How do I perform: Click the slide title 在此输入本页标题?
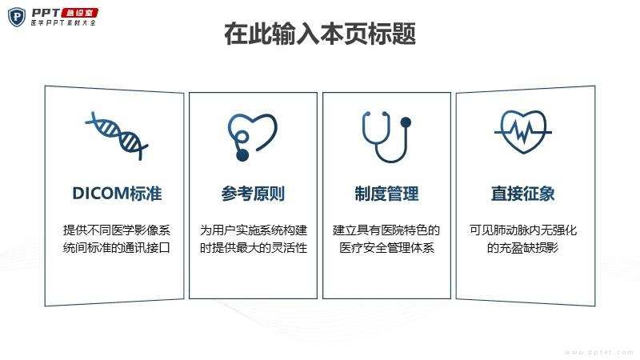[x=320, y=34]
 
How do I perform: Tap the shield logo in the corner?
[x=17, y=17]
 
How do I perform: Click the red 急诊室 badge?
[x=79, y=13]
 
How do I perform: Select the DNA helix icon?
[x=116, y=135]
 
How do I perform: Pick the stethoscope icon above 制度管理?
[x=386, y=137]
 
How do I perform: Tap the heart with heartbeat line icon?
[x=523, y=132]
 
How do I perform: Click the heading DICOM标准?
[x=117, y=194]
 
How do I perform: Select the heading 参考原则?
[x=253, y=194]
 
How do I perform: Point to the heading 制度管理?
[x=386, y=194]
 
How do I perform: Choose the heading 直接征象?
[x=523, y=194]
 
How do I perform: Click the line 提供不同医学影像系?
[x=117, y=230]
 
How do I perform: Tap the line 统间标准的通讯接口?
[x=117, y=248]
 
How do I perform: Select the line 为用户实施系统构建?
[x=253, y=230]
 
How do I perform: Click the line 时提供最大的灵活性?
[x=253, y=248]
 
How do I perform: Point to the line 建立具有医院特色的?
[x=386, y=230]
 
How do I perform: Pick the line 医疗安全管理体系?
[x=386, y=248]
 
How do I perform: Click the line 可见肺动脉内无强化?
[x=523, y=230]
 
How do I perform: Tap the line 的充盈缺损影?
[x=523, y=248]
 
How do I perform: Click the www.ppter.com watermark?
[x=599, y=352]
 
